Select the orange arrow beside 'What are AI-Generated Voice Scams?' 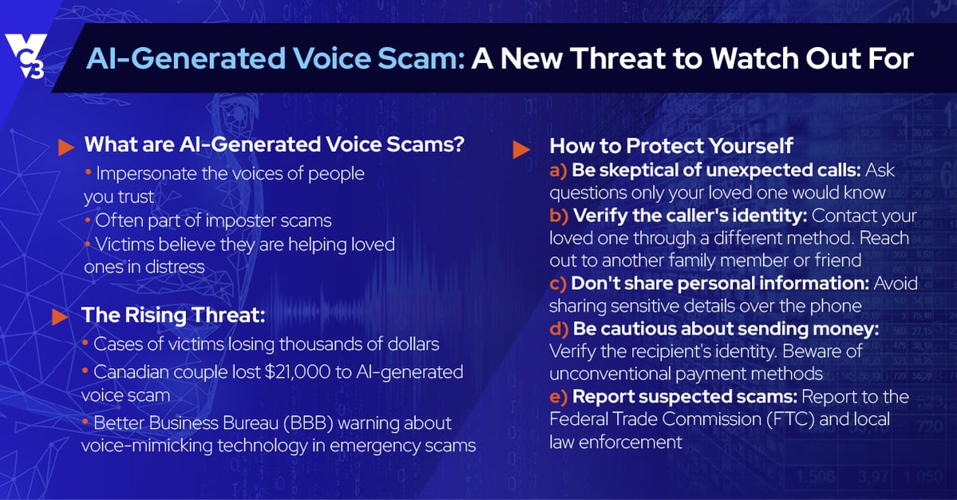[x=66, y=147]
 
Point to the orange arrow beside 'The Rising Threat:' [x=60, y=317]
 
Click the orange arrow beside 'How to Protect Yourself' [x=521, y=149]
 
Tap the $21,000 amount [x=297, y=371]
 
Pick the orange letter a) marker [x=558, y=170]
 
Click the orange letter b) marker [x=559, y=216]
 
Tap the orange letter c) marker [x=558, y=284]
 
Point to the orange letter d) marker [x=559, y=329]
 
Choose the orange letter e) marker [x=558, y=397]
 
